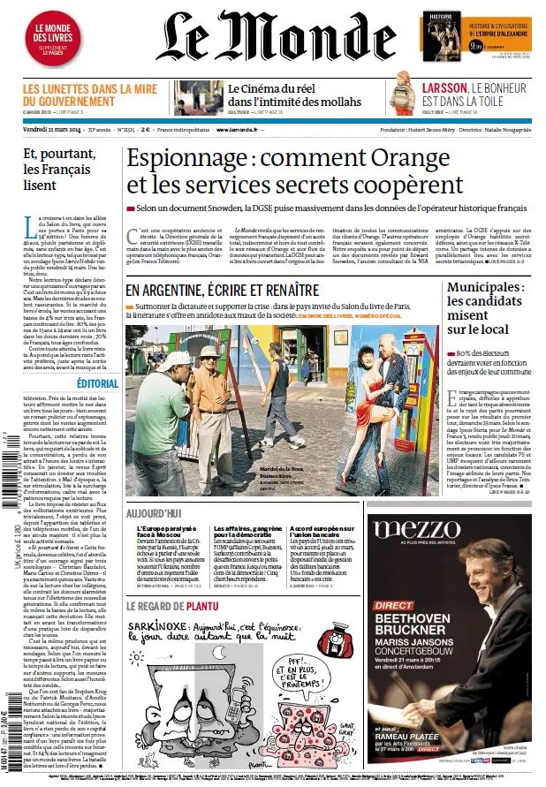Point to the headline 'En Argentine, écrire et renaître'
click(x=221, y=290)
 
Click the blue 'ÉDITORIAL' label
click(x=96, y=383)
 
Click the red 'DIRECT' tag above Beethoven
click(x=393, y=605)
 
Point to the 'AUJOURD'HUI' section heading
click(x=154, y=513)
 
